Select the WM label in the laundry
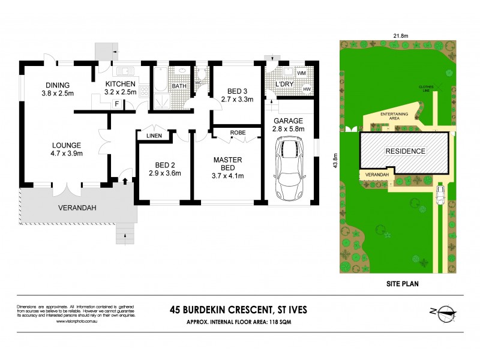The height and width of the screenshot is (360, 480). point(301,73)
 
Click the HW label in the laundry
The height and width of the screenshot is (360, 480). point(307,89)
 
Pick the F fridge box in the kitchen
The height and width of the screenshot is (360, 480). point(116,104)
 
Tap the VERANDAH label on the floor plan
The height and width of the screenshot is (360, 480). point(77,208)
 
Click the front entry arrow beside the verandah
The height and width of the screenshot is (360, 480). point(124,179)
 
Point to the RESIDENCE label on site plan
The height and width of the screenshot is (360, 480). point(405,151)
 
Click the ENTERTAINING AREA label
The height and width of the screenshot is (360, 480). point(394,115)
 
